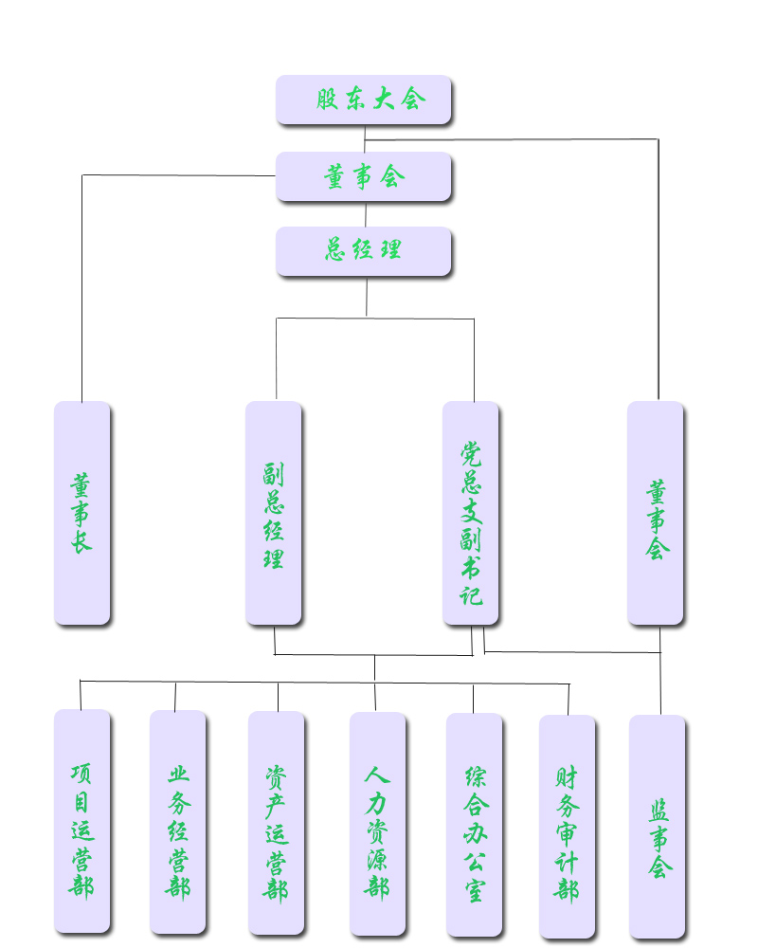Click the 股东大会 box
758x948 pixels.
[364, 100]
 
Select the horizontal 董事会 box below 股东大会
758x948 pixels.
[364, 176]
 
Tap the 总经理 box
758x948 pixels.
[364, 251]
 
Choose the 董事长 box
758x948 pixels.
[82, 513]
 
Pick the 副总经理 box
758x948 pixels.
[274, 513]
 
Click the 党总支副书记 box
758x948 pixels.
[471, 513]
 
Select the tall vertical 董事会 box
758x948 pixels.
[656, 513]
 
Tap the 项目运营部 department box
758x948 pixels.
[82, 821]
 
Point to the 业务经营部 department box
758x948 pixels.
[177, 821]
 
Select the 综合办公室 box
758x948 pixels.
[475, 824]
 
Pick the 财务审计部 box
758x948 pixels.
[568, 826]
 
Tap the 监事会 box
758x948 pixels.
[658, 826]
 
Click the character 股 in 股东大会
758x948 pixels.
[328, 100]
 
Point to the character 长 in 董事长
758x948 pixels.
[81, 541]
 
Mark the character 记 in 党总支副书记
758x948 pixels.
[471, 594]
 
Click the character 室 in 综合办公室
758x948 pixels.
[475, 890]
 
